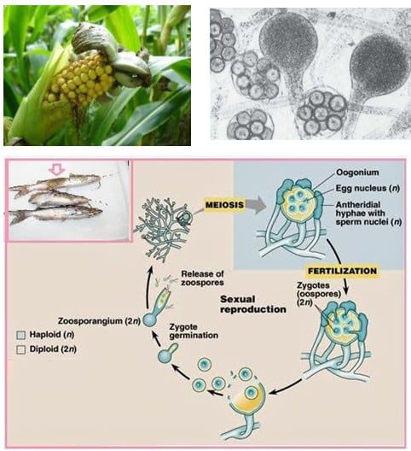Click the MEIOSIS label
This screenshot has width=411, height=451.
224,205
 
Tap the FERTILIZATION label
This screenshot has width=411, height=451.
342,271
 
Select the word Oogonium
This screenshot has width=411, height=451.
357,173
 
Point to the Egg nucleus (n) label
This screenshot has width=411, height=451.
368,188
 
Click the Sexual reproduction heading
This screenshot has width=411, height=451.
253,304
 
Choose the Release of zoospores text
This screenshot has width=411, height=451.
202,278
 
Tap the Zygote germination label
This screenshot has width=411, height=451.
194,331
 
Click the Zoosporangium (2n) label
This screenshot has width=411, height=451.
99,321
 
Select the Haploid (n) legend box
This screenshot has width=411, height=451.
21,335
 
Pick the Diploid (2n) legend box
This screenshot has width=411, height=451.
21,349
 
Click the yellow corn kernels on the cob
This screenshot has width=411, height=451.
79,80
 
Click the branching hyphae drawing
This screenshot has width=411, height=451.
162,229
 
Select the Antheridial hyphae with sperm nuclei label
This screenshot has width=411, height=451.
368,214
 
